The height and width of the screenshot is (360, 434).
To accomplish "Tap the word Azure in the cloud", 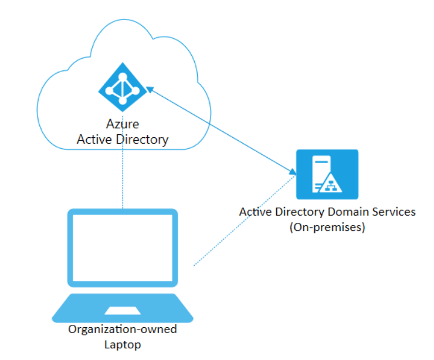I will point(122,124).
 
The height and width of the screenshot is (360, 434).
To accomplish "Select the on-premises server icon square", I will point(327,174).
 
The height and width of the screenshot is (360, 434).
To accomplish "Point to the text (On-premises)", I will point(327,227).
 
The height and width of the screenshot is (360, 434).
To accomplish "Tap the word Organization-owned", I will point(123,330).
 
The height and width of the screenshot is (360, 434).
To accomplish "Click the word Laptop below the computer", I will point(123,345).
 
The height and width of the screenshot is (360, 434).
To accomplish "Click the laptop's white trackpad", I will point(122,310).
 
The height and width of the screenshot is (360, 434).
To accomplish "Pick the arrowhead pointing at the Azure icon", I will point(149,90).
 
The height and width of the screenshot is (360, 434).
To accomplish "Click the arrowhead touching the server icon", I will point(293,171).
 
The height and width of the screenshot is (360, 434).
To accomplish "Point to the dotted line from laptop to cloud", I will point(123,176).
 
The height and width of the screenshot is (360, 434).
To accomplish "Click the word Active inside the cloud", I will point(96,140).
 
